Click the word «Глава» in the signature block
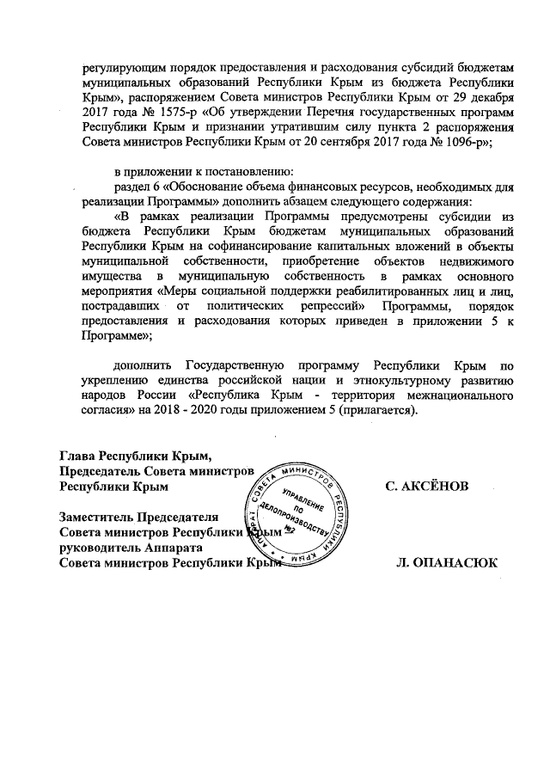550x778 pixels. tap(76, 455)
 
